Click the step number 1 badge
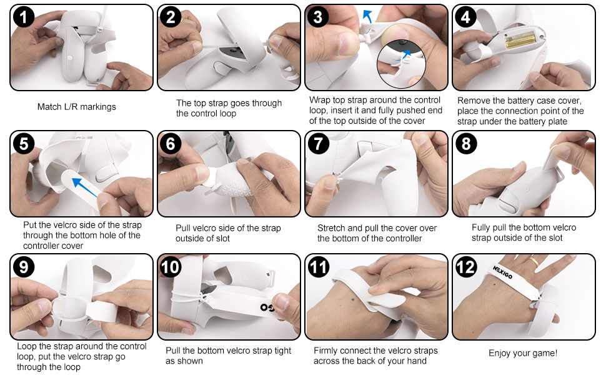coord(24,17)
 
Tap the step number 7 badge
coord(319,144)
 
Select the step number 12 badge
coord(466,267)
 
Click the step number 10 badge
coord(171,267)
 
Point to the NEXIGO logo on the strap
coord(502,272)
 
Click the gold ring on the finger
coord(534,262)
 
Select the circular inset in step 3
coord(401,64)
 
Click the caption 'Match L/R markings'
coord(76,107)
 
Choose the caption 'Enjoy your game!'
coord(523,353)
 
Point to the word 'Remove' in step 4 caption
coord(472,101)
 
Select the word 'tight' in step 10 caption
coord(282,351)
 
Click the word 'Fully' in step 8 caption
coord(481,227)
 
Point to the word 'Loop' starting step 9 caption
coord(26,346)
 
